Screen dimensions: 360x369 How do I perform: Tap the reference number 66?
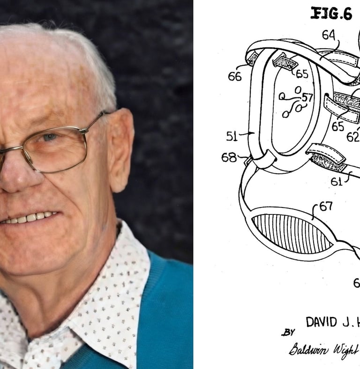tap(235, 76)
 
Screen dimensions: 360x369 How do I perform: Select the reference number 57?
tap(307, 97)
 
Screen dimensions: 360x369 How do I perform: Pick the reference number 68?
tap(229, 157)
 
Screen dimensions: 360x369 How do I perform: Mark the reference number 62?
tap(352, 136)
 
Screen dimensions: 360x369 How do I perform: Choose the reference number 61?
tap(337, 181)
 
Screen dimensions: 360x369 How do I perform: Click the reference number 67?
tap(326, 207)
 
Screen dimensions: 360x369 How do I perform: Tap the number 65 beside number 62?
tap(337, 126)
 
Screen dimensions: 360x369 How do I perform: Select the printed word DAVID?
tap(321, 322)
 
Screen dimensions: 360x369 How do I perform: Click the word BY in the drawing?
tap(288, 332)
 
